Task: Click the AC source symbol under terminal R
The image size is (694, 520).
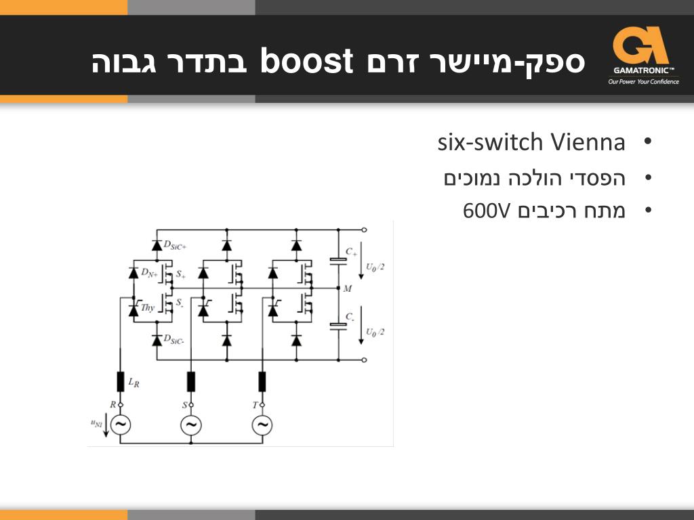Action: click(x=120, y=425)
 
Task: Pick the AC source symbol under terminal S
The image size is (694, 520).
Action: click(x=190, y=425)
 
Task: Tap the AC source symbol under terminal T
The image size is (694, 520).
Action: click(x=262, y=425)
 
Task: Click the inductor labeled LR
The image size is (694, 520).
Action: click(x=120, y=381)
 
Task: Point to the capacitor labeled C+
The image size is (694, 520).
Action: click(x=338, y=260)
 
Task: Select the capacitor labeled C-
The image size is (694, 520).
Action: click(x=338, y=326)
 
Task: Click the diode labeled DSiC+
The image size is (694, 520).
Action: click(x=157, y=244)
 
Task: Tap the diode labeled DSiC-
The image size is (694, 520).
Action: click(x=157, y=340)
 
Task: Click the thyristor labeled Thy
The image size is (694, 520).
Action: click(x=134, y=310)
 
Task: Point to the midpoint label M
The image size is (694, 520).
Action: click(x=348, y=289)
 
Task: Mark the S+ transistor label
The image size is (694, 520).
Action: click(x=180, y=275)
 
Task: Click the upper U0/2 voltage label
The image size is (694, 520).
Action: click(x=375, y=267)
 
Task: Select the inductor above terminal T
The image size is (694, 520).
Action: click(x=262, y=381)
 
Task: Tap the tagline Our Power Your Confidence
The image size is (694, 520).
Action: click(x=643, y=82)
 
